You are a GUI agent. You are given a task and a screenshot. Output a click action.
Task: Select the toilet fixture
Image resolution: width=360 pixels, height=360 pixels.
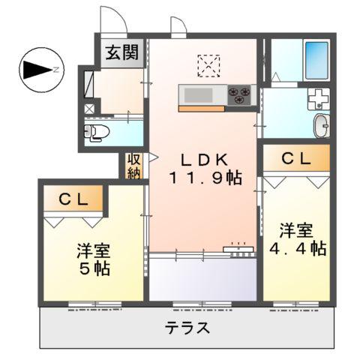click(x=95, y=133)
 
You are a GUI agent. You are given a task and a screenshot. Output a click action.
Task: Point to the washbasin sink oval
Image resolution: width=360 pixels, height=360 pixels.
click(x=320, y=125)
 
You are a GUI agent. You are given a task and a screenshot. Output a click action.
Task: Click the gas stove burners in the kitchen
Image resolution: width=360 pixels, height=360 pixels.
click(x=241, y=94)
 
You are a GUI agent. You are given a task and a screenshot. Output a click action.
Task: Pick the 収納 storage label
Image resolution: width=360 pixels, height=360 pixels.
click(x=133, y=166)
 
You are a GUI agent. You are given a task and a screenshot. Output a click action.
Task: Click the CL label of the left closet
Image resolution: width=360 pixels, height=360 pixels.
click(x=75, y=199)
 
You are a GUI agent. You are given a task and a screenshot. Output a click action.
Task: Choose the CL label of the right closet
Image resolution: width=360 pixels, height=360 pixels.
click(x=295, y=158)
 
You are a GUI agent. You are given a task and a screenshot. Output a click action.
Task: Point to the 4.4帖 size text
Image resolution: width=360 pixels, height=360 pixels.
click(x=297, y=248)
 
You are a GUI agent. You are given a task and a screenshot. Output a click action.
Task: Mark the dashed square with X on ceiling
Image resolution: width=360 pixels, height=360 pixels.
click(x=209, y=66)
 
